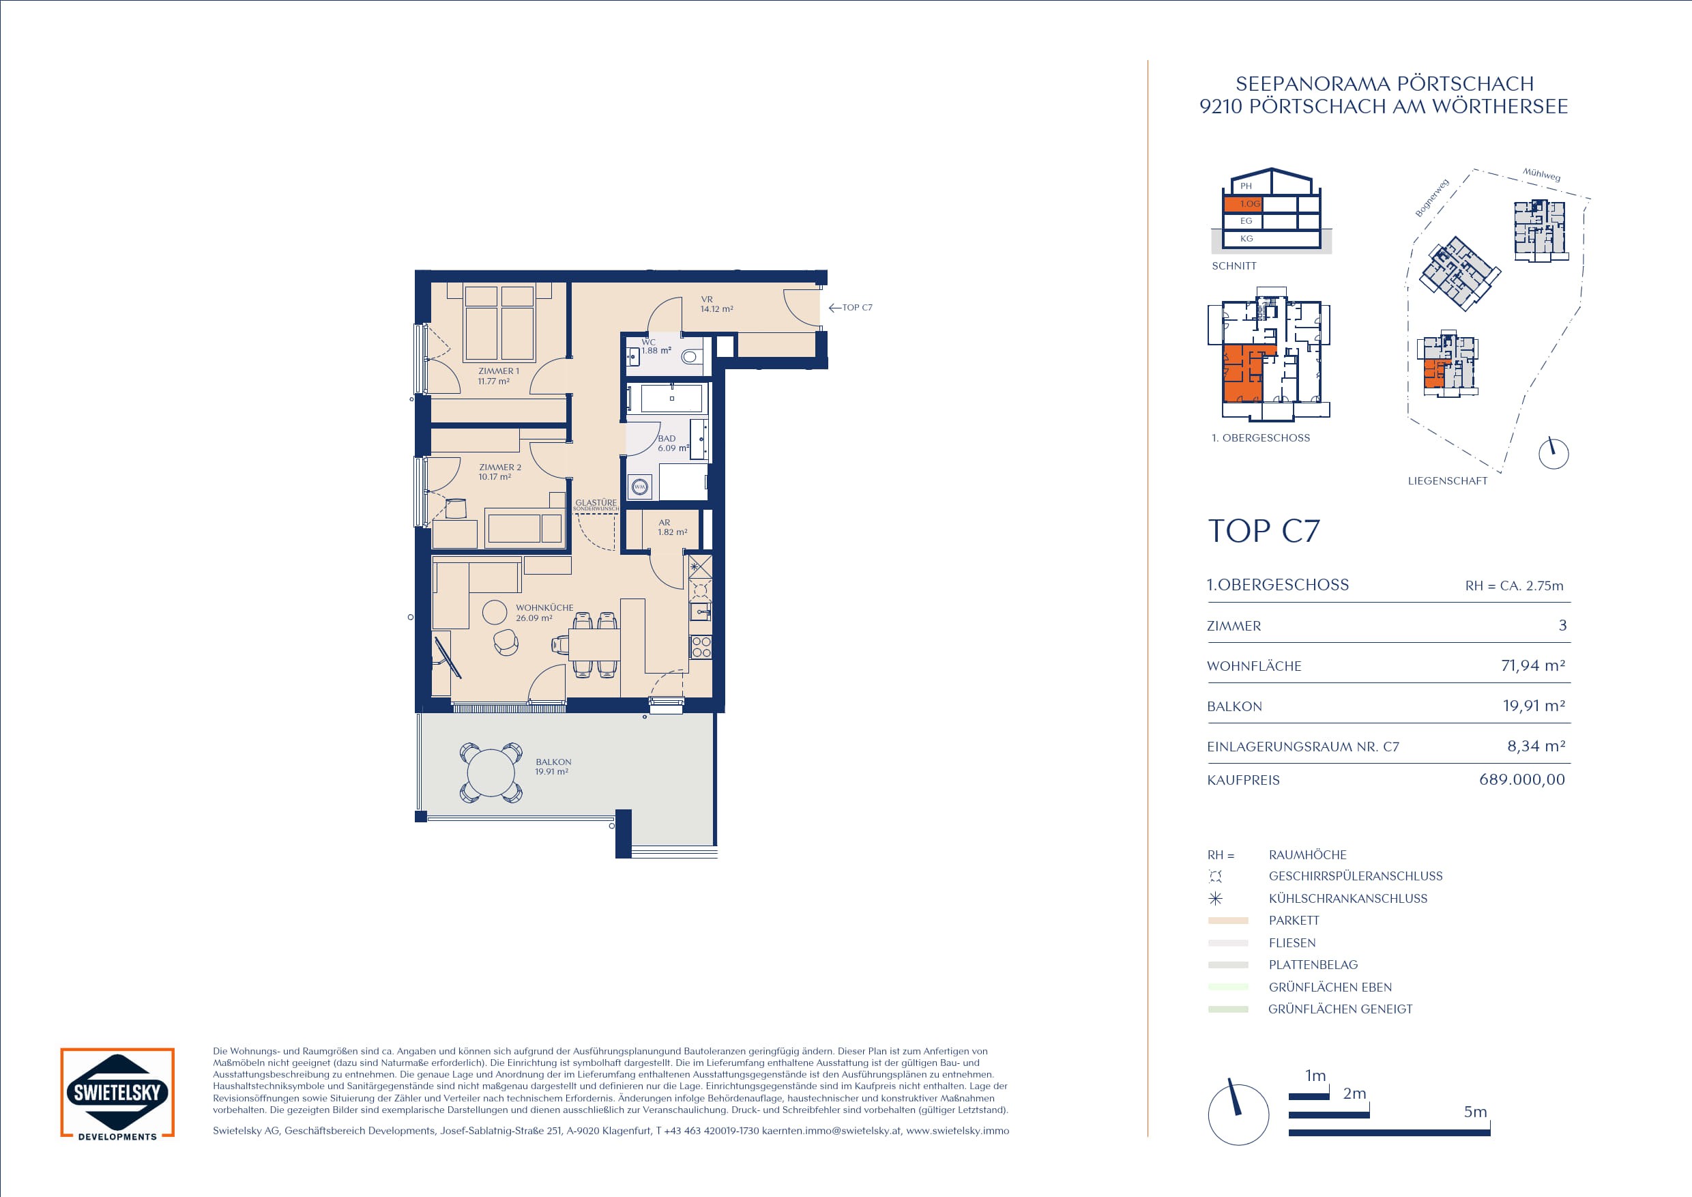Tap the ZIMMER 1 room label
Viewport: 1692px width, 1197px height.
pyautogui.click(x=498, y=371)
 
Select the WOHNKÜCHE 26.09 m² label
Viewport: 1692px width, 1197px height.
pyautogui.click(x=544, y=613)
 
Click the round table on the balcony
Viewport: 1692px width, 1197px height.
pyautogui.click(x=491, y=773)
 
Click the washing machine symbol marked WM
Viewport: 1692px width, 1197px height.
pyautogui.click(x=640, y=487)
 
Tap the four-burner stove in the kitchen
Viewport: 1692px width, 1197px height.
pyautogui.click(x=701, y=647)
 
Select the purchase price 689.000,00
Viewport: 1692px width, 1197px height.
pyautogui.click(x=1521, y=780)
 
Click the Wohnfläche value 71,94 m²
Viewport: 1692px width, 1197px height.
pyautogui.click(x=1533, y=665)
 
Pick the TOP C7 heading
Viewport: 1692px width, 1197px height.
pyautogui.click(x=1264, y=531)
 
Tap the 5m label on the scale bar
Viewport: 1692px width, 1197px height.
pyautogui.click(x=1474, y=1112)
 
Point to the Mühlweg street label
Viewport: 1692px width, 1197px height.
pyautogui.click(x=1542, y=175)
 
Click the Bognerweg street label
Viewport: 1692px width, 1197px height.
pyautogui.click(x=1432, y=197)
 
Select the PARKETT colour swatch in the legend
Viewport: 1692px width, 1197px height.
pyautogui.click(x=1228, y=921)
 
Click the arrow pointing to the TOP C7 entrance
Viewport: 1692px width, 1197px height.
pyautogui.click(x=835, y=307)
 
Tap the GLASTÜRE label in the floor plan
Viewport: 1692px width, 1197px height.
pyautogui.click(x=596, y=503)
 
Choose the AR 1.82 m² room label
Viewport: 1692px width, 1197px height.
pyautogui.click(x=672, y=527)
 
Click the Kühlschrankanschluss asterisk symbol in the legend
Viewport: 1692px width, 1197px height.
pyautogui.click(x=1215, y=899)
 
